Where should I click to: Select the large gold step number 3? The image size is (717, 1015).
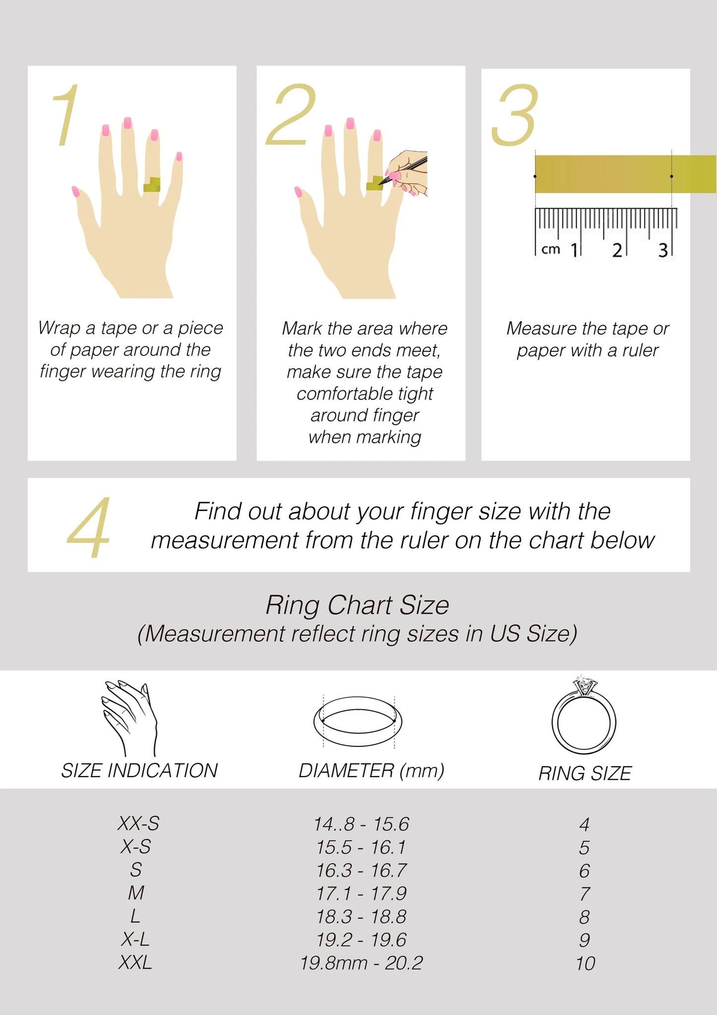pos(515,115)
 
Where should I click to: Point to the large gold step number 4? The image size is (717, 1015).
pos(89,527)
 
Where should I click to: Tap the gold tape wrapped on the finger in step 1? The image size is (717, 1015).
pos(152,185)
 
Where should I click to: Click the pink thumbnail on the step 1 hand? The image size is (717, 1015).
pos(76,191)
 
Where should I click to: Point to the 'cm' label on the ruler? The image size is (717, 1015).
pos(551,249)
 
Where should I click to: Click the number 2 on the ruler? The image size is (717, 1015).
pos(617,250)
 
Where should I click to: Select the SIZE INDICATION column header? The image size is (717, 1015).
pos(139,770)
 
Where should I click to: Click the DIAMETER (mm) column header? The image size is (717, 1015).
pos(371,770)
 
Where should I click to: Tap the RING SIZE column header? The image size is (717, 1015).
pos(585,773)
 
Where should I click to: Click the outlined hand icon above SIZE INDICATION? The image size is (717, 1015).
pos(129,718)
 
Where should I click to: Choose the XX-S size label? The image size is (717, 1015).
pos(138,823)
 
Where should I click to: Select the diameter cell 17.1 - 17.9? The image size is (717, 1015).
pos(361,893)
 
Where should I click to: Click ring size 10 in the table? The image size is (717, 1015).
pos(585,963)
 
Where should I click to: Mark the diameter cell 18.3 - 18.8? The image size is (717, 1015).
pos(361,917)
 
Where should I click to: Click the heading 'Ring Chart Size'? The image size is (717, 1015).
pos(357,605)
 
